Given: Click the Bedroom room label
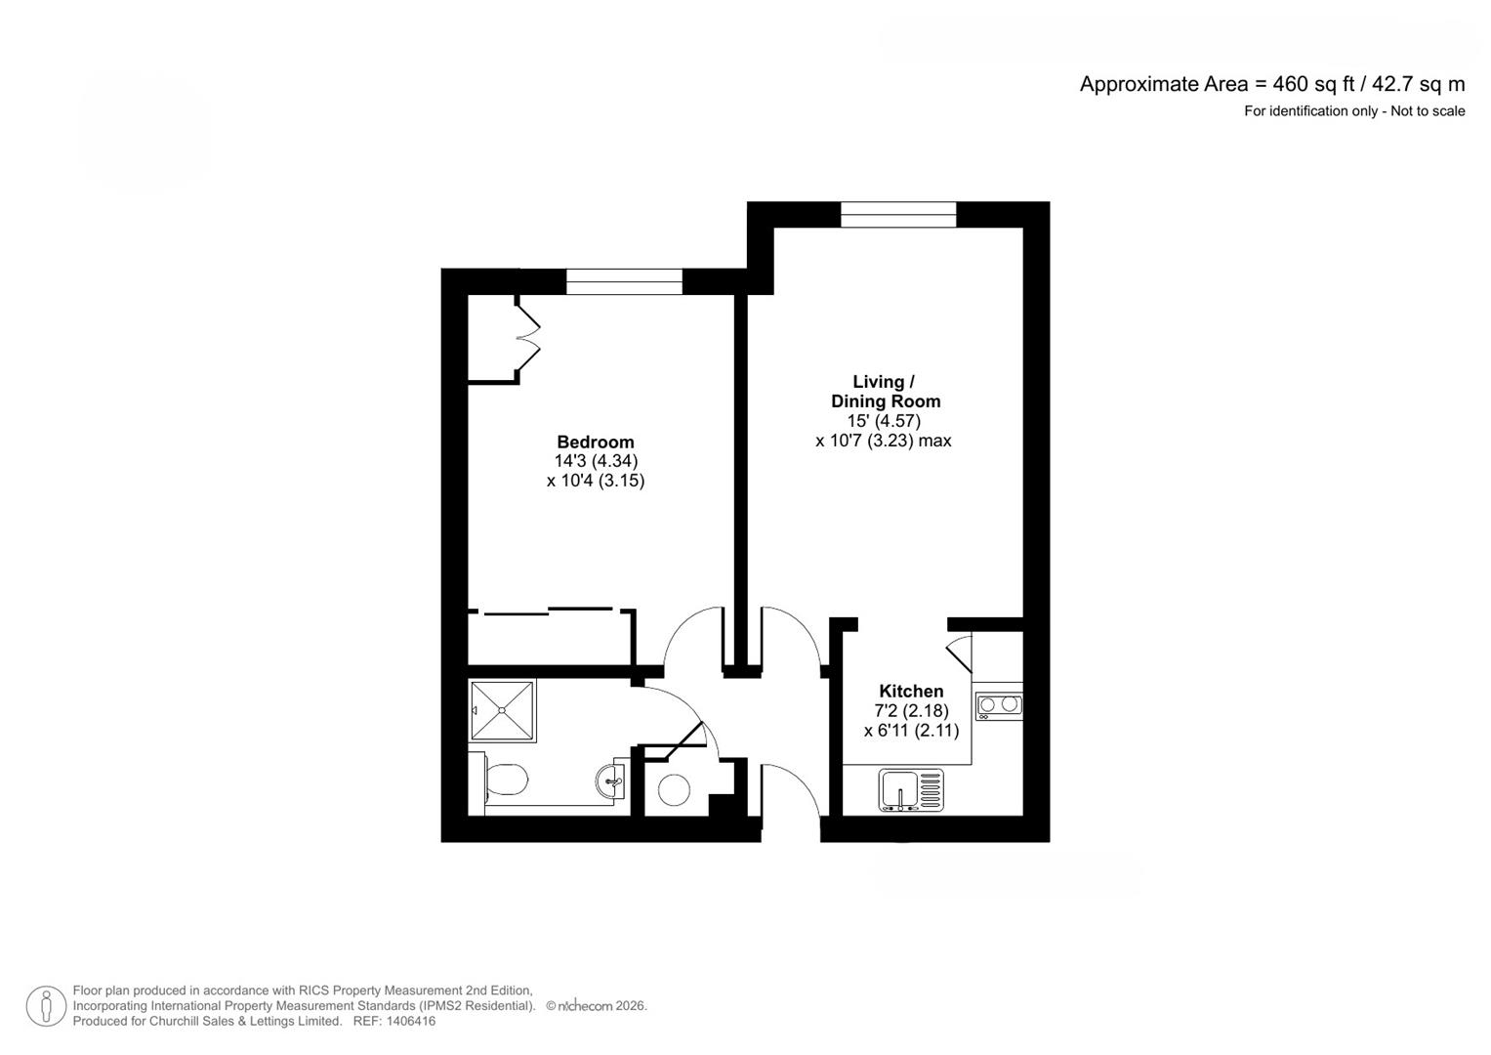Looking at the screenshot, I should (595, 442).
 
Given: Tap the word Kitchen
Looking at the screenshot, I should (911, 691).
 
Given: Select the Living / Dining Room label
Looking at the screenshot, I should (885, 391).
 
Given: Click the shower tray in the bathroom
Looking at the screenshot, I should (502, 711).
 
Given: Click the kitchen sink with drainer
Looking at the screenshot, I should (911, 790).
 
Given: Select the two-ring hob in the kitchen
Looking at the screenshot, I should (998, 705).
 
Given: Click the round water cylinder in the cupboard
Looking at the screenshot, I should (674, 789).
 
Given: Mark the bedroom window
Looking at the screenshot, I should (624, 281).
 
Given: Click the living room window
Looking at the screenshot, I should (898, 215).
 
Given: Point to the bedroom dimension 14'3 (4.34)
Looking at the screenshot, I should (596, 461).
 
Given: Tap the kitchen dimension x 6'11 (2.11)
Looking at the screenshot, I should (911, 730).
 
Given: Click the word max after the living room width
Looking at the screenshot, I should (934, 441).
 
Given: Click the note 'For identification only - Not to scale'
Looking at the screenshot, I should (1353, 111).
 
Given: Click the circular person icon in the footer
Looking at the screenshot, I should (46, 1006).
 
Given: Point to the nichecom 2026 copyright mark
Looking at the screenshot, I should (596, 1005).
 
